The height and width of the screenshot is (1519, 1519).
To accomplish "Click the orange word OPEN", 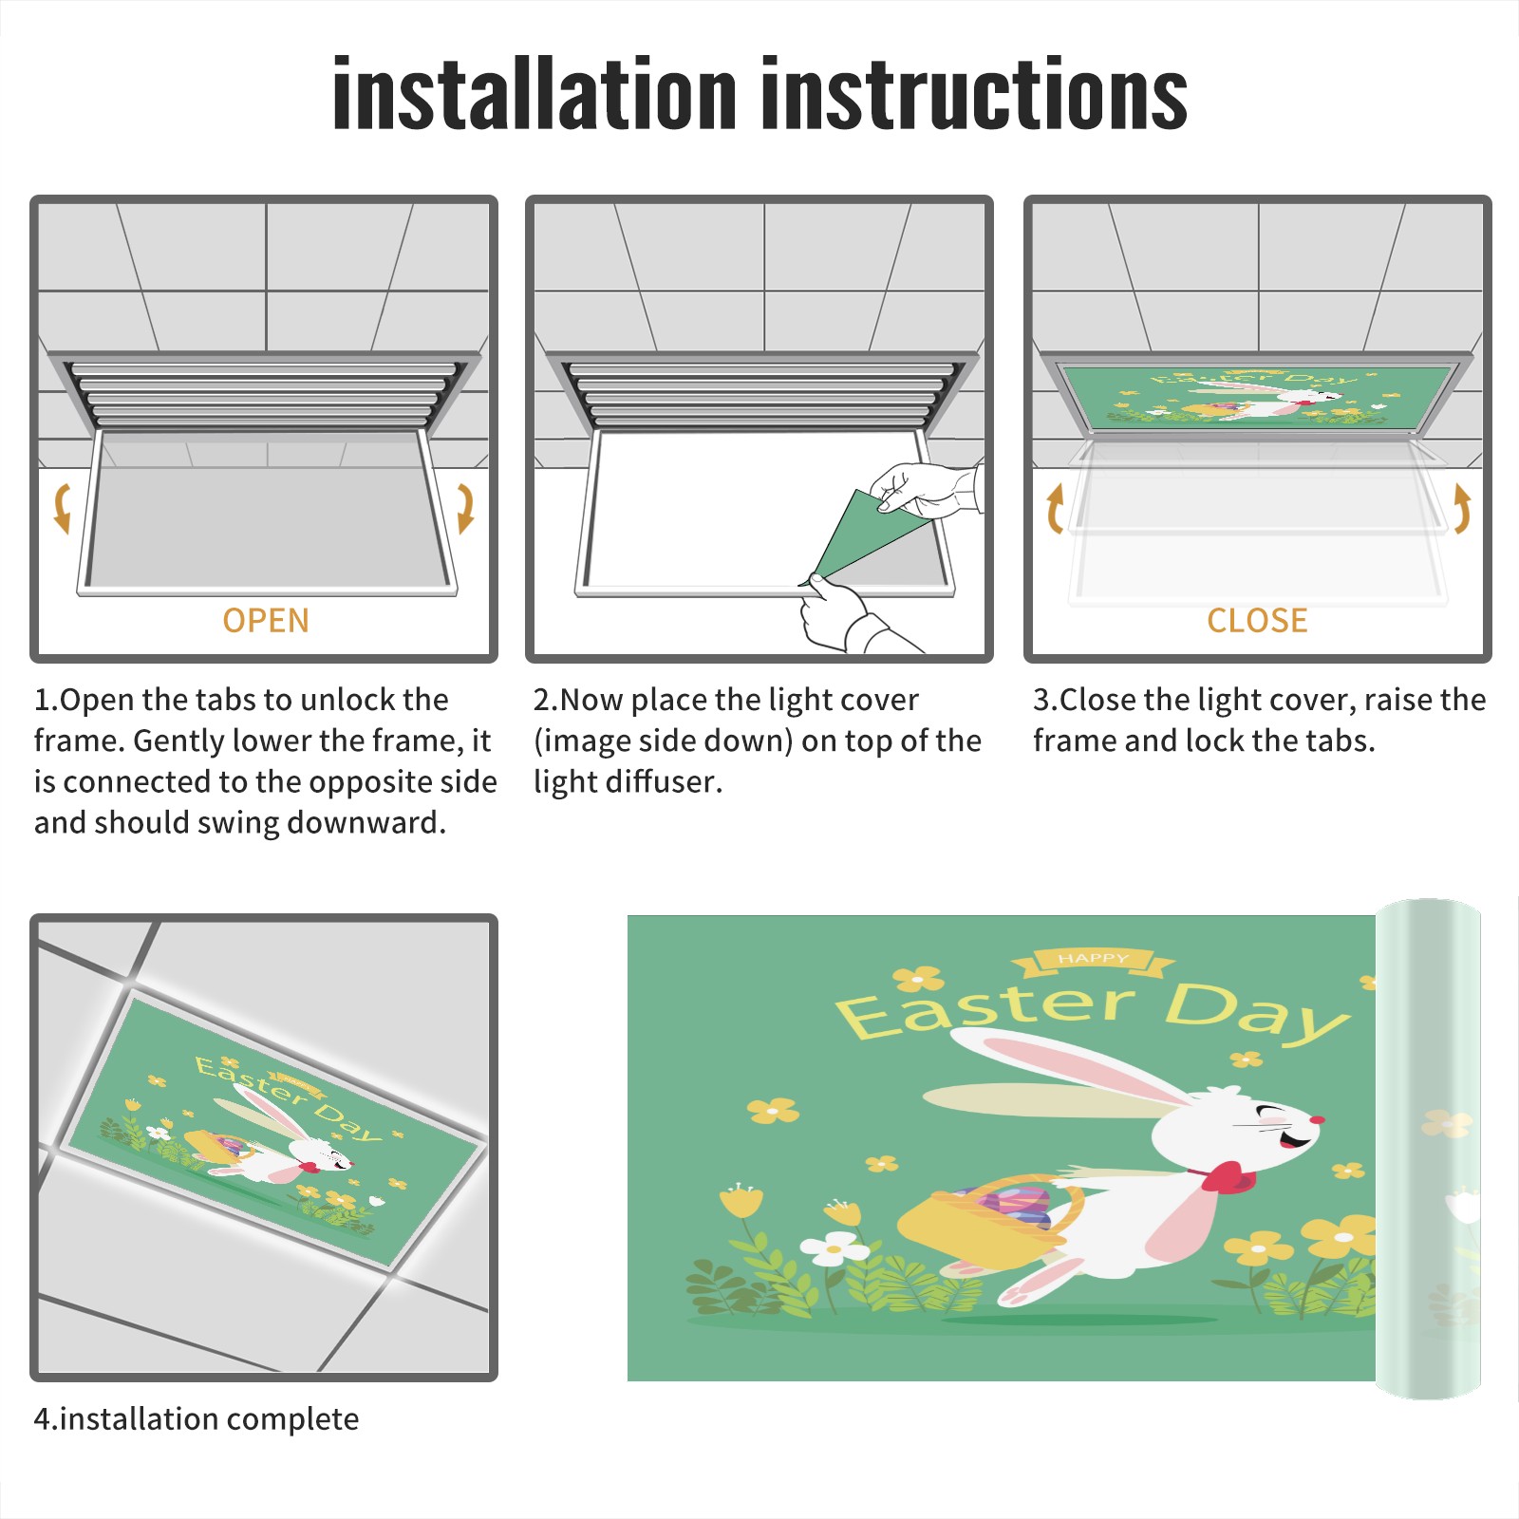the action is [x=266, y=621].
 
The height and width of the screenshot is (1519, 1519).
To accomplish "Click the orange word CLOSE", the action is [x=1257, y=621].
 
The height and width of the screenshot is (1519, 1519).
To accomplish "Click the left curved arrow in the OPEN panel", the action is [x=62, y=508].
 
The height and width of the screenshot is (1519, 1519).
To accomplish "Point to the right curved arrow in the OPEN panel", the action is [x=465, y=508].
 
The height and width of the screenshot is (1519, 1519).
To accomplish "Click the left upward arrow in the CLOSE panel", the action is [x=1055, y=508].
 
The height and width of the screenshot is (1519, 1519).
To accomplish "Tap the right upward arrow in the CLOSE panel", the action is [x=1462, y=508].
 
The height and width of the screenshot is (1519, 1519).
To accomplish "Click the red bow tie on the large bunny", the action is [x=1228, y=1177].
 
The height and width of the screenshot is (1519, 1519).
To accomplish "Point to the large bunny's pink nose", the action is [x=1317, y=1120].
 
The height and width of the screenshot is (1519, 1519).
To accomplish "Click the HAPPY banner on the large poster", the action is [x=1093, y=961].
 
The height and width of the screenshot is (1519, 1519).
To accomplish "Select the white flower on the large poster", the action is [x=835, y=1247].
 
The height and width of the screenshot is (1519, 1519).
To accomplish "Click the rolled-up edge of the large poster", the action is [x=1428, y=1149].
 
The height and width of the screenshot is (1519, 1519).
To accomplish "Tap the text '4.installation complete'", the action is [x=197, y=1418].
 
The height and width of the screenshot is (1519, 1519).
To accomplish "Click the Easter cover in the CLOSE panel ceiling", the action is [x=1256, y=394].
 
